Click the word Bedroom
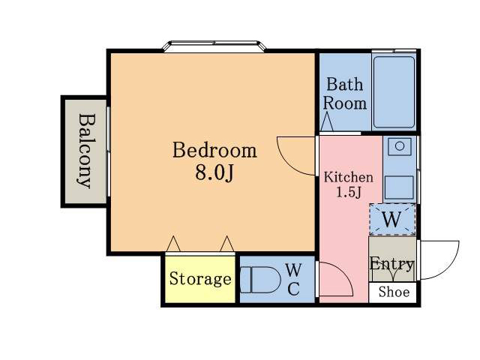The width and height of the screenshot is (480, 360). pyautogui.click(x=214, y=150)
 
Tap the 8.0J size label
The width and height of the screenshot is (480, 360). pyautogui.click(x=214, y=173)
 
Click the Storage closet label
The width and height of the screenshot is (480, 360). pyautogui.click(x=200, y=279)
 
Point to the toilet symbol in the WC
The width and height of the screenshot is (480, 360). pyautogui.click(x=260, y=280)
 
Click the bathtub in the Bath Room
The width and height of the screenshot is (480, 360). pyautogui.click(x=394, y=91)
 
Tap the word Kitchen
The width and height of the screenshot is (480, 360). pyautogui.click(x=348, y=178)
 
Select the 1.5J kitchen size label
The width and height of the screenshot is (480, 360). pyautogui.click(x=349, y=192)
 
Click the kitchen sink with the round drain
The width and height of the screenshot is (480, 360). pyautogui.click(x=400, y=146)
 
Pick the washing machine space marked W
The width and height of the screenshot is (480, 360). pyautogui.click(x=392, y=219)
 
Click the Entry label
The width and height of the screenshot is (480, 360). pyautogui.click(x=391, y=264)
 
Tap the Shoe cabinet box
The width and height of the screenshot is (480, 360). pyautogui.click(x=393, y=292)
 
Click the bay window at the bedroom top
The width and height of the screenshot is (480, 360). pyautogui.click(x=214, y=46)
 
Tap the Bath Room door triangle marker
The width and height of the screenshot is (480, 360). pyautogui.click(x=327, y=121)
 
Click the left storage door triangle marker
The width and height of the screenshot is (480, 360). pyautogui.click(x=173, y=244)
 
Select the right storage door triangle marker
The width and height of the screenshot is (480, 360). pyautogui.click(x=227, y=244)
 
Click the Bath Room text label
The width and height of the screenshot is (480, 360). pyautogui.click(x=345, y=94)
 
